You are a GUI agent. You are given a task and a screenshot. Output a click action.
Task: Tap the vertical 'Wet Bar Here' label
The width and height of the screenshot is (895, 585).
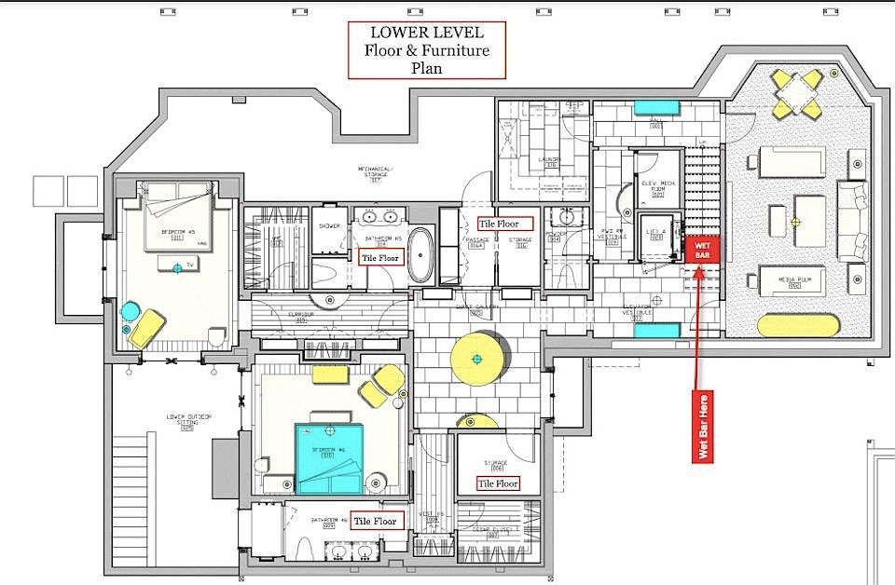(702, 425)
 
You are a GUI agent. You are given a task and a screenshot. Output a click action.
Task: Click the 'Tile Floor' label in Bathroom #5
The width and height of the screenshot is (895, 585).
(381, 257)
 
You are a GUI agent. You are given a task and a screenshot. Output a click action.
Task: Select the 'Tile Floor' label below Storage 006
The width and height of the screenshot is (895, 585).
(497, 483)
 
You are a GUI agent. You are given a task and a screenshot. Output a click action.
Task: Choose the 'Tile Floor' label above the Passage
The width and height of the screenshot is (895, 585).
(504, 224)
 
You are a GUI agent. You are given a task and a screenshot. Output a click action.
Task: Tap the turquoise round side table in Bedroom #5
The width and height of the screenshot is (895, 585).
(130, 310)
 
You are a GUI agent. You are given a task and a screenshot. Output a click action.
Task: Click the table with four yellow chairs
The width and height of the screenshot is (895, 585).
(797, 90)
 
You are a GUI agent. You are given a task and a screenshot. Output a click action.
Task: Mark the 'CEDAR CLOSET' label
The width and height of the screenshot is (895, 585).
(492, 531)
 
